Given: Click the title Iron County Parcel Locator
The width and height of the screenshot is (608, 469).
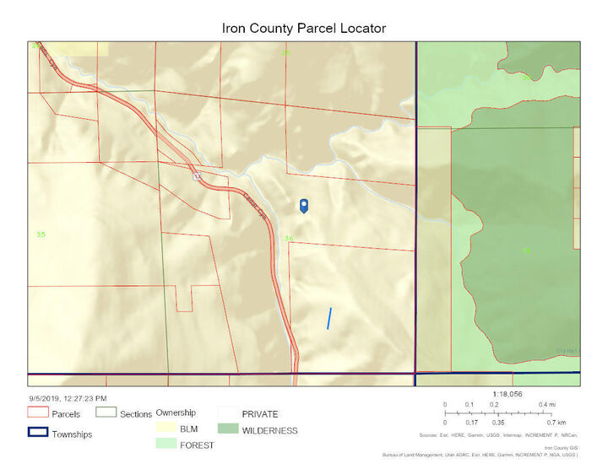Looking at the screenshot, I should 304,28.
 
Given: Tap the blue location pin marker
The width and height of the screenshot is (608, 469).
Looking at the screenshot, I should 304,205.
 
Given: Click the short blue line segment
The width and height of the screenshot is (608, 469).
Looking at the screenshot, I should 329,318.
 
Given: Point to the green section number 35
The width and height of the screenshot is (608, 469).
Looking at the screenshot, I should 40,234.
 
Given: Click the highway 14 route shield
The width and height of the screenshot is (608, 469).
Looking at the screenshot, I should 197,177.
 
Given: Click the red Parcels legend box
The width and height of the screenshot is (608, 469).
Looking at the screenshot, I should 37,414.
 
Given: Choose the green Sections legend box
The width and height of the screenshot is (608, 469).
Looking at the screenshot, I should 106,414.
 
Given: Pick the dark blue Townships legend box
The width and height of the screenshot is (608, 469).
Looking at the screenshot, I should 37,434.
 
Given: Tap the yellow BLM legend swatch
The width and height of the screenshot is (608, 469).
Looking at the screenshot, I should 166,429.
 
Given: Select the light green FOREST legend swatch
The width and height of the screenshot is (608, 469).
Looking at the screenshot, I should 166,445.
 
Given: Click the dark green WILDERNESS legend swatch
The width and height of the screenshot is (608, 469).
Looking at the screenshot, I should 228,430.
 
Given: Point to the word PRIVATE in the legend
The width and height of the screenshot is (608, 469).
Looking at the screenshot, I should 260,414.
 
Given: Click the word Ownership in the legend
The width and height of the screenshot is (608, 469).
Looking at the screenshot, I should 176,412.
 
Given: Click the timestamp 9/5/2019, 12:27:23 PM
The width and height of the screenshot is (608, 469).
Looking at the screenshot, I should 67,397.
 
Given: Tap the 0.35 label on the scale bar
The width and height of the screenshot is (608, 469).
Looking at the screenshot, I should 498,422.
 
